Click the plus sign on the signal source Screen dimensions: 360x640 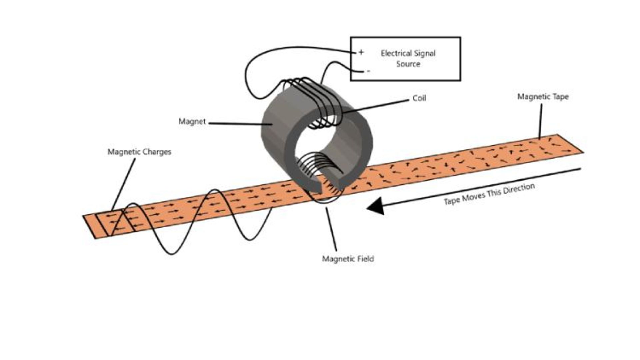(361, 52)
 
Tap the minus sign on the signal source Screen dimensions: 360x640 (368, 71)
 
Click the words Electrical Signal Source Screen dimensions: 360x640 (408, 58)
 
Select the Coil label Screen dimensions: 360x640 (419, 98)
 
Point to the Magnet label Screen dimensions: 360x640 (192, 122)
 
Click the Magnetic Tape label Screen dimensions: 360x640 (543, 97)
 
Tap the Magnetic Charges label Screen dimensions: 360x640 (139, 152)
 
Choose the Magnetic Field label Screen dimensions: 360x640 (348, 259)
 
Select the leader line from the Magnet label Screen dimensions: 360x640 (240, 124)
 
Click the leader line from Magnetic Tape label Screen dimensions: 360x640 (540, 122)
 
